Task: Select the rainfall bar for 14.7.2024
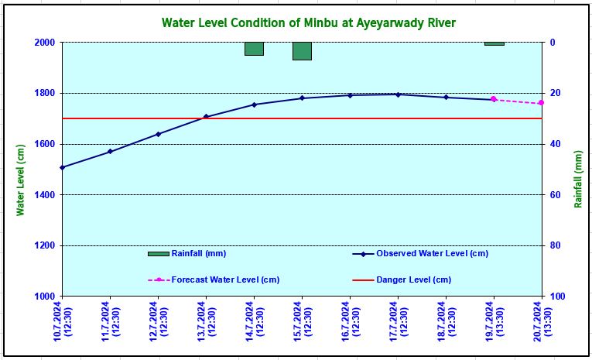click(254, 49)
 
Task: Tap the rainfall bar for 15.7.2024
click(302, 51)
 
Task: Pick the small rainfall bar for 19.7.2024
click(494, 43)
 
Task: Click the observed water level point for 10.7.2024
click(63, 167)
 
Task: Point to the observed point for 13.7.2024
click(206, 117)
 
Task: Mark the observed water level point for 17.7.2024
click(398, 94)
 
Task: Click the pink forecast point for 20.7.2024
click(541, 103)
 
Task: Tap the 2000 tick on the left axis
click(44, 43)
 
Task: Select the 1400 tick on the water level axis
click(44, 195)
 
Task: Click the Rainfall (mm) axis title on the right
click(577, 178)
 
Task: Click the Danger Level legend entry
click(413, 279)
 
